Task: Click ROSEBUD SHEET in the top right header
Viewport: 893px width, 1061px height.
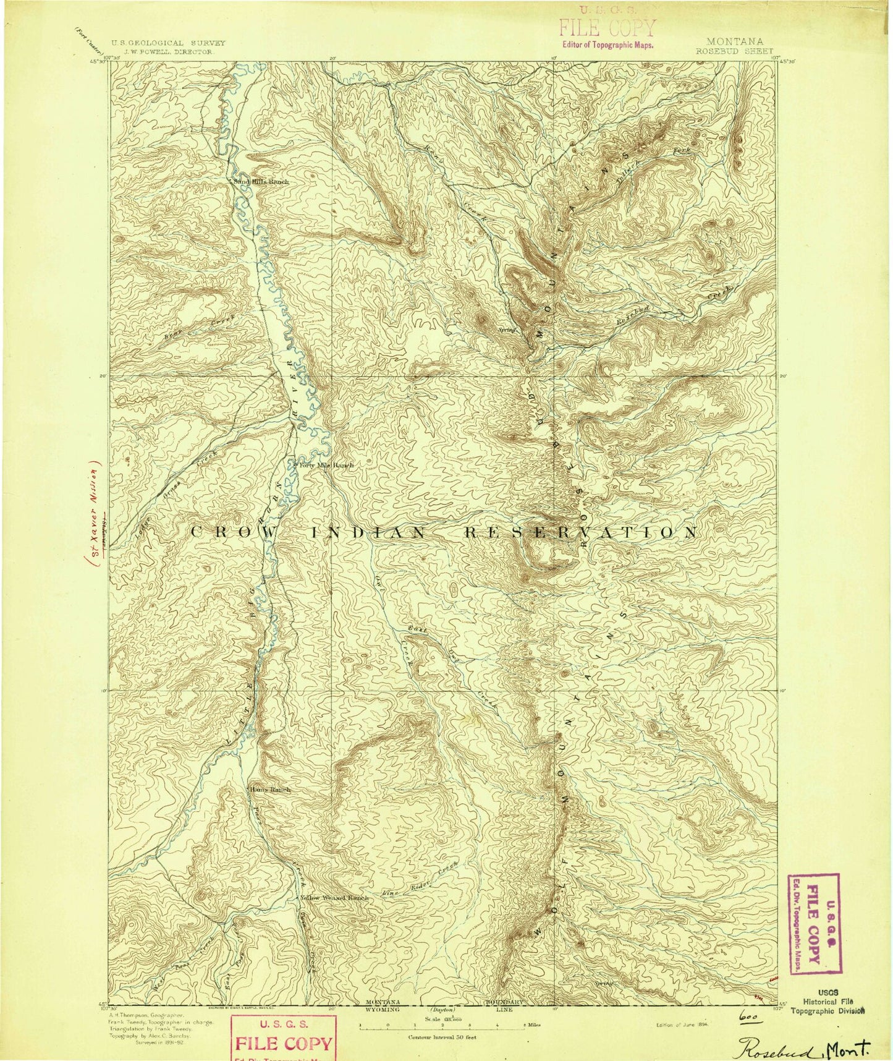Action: point(734,51)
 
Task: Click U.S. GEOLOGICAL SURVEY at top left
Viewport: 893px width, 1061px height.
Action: point(167,43)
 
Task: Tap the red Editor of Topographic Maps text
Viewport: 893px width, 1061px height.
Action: point(606,45)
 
